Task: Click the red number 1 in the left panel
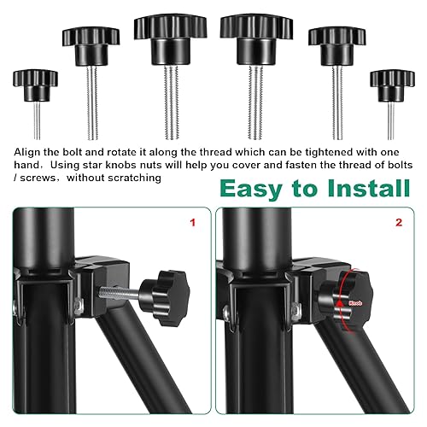[193, 222]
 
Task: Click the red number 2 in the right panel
[399, 222]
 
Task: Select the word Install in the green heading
[369, 188]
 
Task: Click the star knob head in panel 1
[166, 298]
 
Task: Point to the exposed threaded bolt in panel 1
[119, 293]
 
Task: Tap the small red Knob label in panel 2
[355, 303]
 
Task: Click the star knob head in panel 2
[346, 301]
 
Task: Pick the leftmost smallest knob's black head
[35, 85]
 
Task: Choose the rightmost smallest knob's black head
[392, 86]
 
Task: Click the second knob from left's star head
[91, 47]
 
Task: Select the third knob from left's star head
[170, 40]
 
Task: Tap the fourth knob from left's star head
[256, 40]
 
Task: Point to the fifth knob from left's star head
[337, 47]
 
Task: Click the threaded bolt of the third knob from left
[172, 102]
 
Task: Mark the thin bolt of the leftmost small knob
[37, 120]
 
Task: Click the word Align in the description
[27, 153]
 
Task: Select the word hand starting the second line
[26, 165]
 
